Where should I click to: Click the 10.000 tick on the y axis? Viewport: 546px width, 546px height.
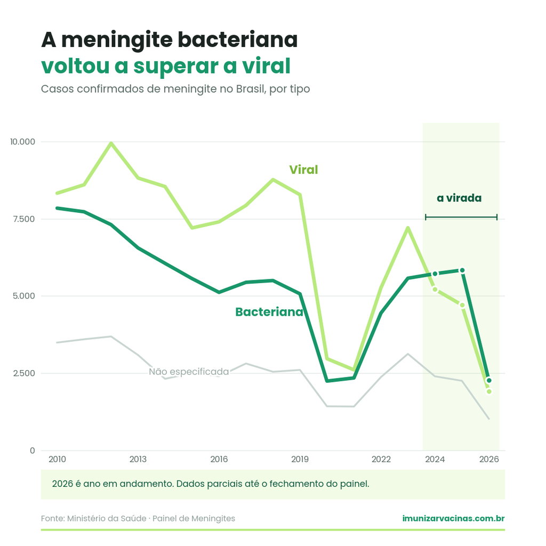pyautogui.click(x=22, y=142)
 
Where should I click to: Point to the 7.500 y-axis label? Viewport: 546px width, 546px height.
pyautogui.click(x=23, y=219)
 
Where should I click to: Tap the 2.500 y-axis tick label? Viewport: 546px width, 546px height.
pyautogui.click(x=24, y=373)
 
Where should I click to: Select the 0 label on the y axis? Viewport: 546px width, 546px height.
pyautogui.click(x=33, y=451)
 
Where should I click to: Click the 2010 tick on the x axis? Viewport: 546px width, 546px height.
pyautogui.click(x=57, y=459)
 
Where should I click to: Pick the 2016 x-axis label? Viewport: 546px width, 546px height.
pyautogui.click(x=219, y=459)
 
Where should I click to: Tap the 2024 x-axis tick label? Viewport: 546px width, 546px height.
pyautogui.click(x=435, y=459)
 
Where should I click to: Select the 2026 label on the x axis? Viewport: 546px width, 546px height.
pyautogui.click(x=489, y=459)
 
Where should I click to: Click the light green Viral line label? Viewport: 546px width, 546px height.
pyautogui.click(x=303, y=170)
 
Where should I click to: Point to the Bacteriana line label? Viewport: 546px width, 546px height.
pyautogui.click(x=269, y=311)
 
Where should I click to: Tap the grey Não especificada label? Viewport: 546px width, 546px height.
pyautogui.click(x=189, y=372)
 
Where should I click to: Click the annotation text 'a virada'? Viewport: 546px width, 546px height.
pyautogui.click(x=459, y=198)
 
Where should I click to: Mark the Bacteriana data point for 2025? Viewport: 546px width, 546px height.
pyautogui.click(x=462, y=270)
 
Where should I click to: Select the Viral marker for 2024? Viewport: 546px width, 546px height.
pyautogui.click(x=435, y=290)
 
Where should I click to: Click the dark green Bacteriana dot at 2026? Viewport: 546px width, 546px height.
pyautogui.click(x=489, y=381)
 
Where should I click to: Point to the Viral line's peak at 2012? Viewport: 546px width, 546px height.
pyautogui.click(x=111, y=143)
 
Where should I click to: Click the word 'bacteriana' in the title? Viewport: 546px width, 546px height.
pyautogui.click(x=238, y=39)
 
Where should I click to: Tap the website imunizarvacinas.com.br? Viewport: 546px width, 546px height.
pyautogui.click(x=453, y=518)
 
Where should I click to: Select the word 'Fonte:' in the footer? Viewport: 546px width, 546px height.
pyautogui.click(x=53, y=518)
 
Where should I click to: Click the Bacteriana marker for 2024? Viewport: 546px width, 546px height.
pyautogui.click(x=435, y=274)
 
